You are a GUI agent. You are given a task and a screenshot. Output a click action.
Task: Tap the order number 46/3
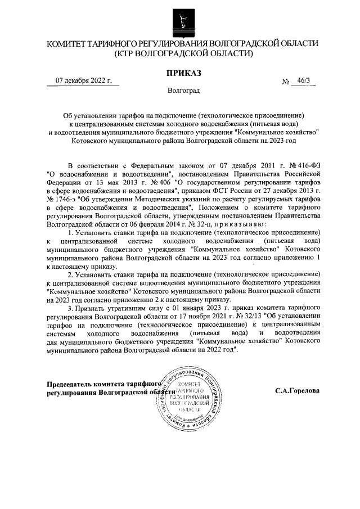point(307,82)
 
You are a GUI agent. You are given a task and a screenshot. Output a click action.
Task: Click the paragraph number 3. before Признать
point(70,309)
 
